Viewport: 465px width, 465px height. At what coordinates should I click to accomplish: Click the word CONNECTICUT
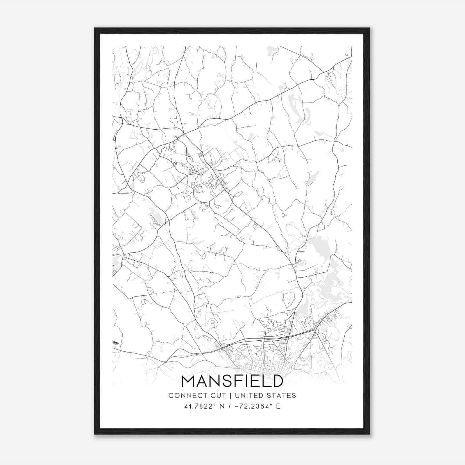197,396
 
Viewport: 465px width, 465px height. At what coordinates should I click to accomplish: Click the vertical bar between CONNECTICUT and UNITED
230,396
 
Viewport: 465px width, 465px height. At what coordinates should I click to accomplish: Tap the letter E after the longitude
278,406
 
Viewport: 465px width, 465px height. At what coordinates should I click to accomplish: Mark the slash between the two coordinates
230,406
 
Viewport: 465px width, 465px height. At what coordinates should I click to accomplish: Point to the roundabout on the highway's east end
317,331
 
